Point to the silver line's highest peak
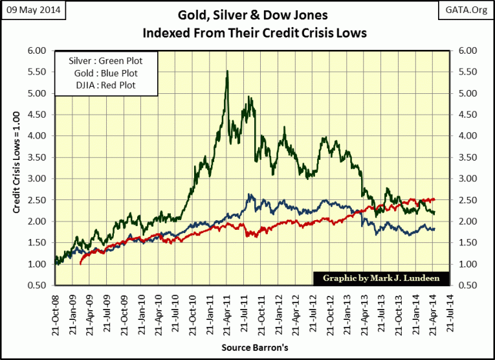coord(226,71)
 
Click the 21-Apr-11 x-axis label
coord(226,314)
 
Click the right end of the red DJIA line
coord(435,199)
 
